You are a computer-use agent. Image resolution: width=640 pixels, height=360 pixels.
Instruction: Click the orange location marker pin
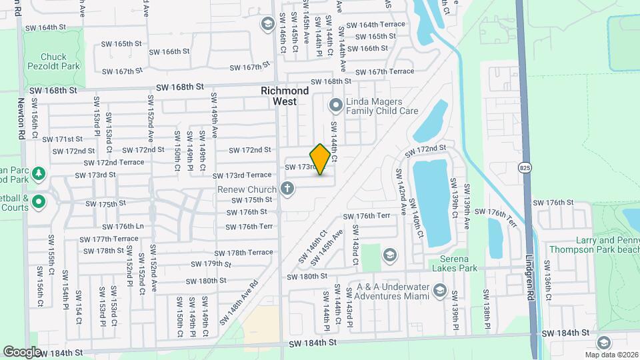click(x=320, y=159)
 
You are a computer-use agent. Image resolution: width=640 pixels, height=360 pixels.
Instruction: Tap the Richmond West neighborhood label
click(x=285, y=96)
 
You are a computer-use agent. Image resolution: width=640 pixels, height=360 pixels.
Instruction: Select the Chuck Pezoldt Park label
click(x=59, y=62)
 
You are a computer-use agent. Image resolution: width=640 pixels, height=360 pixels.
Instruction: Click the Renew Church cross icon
click(x=287, y=189)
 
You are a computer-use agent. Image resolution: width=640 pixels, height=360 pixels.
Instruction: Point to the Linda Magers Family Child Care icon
click(x=335, y=105)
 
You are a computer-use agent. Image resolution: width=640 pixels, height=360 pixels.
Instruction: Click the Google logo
click(x=22, y=351)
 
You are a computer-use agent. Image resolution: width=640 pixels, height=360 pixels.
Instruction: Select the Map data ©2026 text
click(x=612, y=355)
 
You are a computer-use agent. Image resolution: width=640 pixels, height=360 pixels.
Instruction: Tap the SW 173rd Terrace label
click(x=242, y=175)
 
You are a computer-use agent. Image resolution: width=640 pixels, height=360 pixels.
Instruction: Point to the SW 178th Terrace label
click(x=243, y=253)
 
